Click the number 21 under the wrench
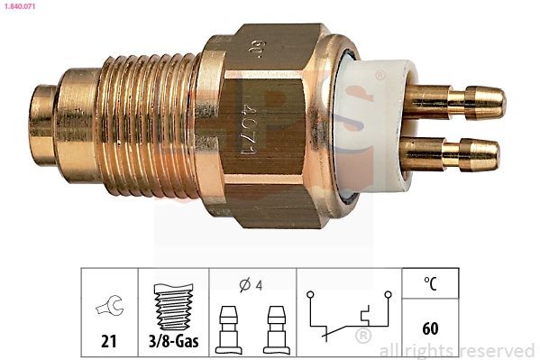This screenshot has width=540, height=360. [x=108, y=340]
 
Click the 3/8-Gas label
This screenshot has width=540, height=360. [x=173, y=340]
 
